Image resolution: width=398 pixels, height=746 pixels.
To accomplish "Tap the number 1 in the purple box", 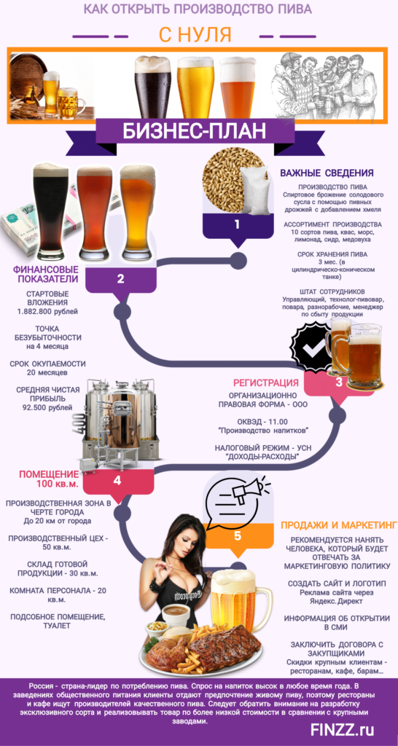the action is (237, 224).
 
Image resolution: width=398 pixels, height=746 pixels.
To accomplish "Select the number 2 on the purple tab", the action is (120, 279).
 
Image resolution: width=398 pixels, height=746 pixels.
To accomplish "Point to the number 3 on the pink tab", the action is (338, 382).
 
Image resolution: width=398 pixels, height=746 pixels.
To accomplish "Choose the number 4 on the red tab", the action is (117, 481).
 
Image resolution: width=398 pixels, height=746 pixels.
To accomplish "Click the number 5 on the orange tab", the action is (237, 535).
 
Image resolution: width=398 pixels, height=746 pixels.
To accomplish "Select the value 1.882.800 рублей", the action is (47, 312).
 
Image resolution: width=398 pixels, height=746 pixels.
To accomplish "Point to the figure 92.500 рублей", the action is (47, 407).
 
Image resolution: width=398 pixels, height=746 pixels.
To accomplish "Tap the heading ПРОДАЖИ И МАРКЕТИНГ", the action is (338, 525).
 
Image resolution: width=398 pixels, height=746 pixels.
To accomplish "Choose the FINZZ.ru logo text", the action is (343, 729).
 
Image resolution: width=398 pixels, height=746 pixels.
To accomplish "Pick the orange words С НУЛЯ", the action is (195, 35).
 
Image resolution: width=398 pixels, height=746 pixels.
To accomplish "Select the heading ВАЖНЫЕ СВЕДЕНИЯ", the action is (326, 172).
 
